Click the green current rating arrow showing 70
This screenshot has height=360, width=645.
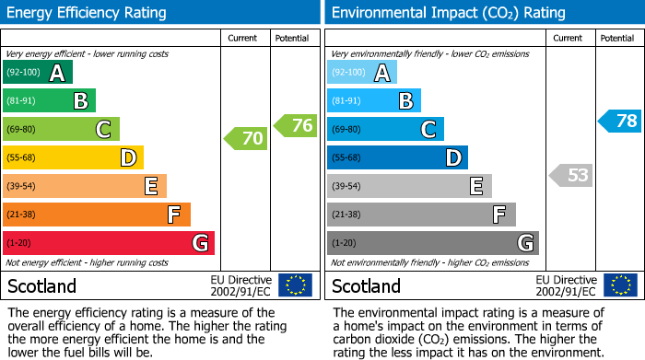point(245,139)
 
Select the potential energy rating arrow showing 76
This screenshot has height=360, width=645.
point(295,125)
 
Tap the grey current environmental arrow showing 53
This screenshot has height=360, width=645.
point(570,175)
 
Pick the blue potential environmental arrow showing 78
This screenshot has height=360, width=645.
point(619,121)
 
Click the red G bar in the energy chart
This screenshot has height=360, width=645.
point(109,243)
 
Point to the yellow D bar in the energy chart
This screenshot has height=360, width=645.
point(73,157)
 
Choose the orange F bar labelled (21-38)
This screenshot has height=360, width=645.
point(97,215)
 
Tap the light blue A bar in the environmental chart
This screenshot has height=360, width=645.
point(362,72)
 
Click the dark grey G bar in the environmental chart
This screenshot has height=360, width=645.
point(432,243)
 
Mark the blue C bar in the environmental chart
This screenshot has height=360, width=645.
point(385,129)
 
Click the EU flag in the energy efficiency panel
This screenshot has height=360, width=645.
point(295,285)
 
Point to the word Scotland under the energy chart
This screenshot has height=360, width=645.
point(42,285)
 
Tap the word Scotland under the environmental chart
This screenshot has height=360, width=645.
point(367,285)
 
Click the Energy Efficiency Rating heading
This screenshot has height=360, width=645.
point(88,13)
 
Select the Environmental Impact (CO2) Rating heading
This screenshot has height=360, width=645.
point(448,13)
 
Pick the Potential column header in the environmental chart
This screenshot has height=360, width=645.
point(617,38)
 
